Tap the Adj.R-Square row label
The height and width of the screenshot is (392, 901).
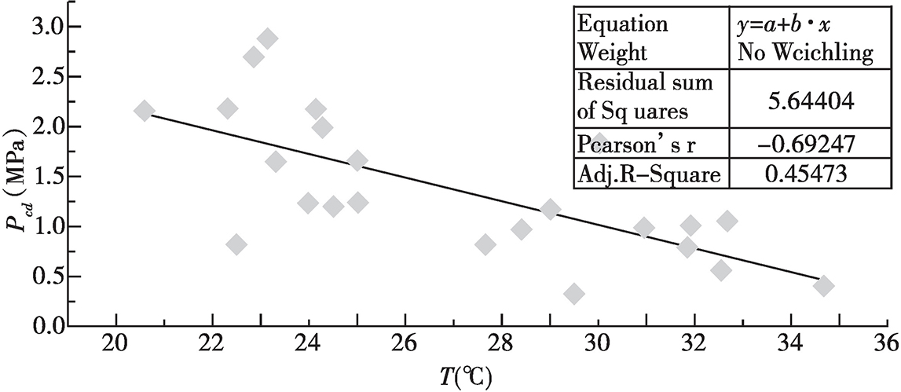pyautogui.click(x=648, y=174)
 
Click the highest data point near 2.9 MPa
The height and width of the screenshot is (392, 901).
pyautogui.click(x=268, y=38)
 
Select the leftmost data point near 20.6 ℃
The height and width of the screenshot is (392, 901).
pyautogui.click(x=145, y=111)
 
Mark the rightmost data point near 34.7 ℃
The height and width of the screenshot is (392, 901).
pyautogui.click(x=823, y=286)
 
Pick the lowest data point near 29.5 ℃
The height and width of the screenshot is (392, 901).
pyautogui.click(x=574, y=295)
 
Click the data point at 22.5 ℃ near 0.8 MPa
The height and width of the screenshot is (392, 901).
pyautogui.click(x=236, y=244)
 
